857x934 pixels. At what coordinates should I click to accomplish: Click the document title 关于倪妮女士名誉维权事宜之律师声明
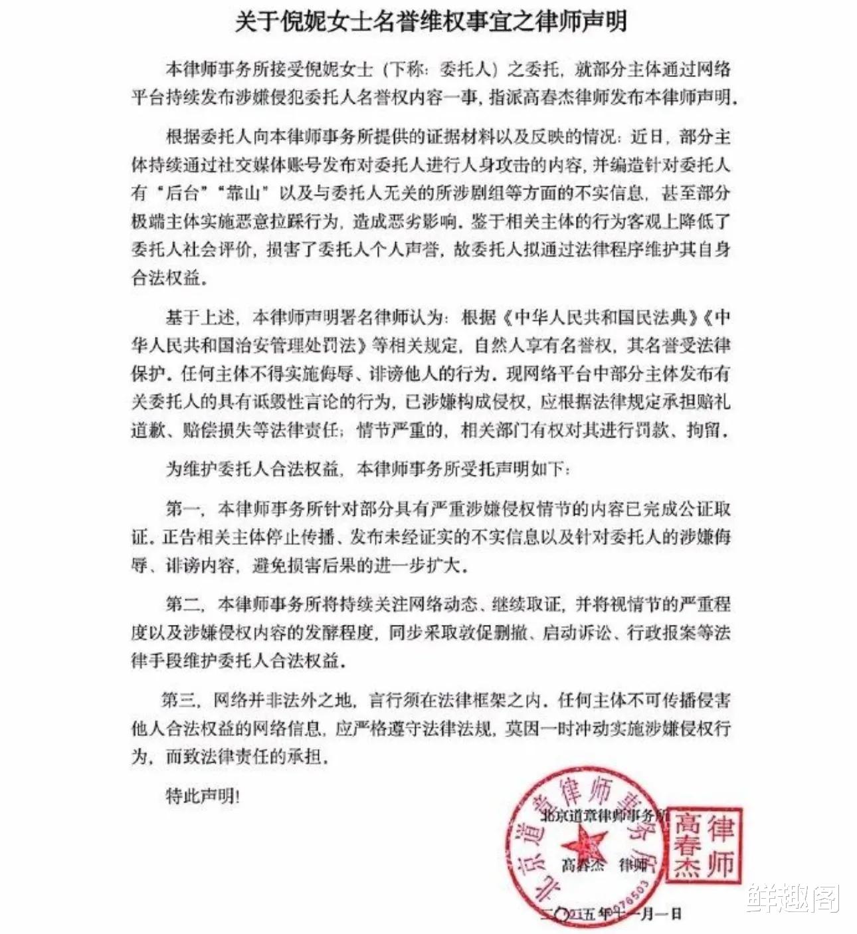coord(430,23)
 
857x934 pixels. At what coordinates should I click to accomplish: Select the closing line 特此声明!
coord(202,796)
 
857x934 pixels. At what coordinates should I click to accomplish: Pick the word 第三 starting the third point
coord(179,700)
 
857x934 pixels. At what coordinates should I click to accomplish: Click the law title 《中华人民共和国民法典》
coord(599,317)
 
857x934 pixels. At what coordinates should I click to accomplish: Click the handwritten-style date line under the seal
coord(611,914)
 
